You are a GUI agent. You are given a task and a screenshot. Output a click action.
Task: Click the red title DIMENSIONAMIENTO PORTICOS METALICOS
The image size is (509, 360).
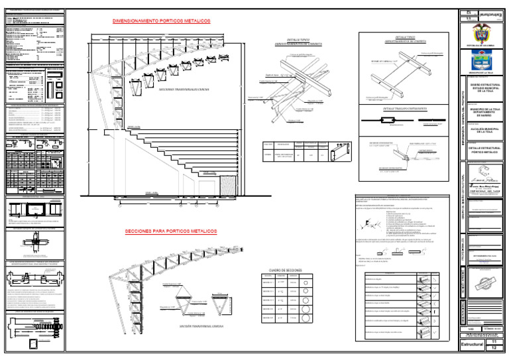(x=162, y=21)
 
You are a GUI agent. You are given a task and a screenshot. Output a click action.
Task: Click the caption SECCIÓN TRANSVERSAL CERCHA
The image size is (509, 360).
(x=200, y=326)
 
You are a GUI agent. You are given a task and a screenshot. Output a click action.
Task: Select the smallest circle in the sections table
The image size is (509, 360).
(x=307, y=283)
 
